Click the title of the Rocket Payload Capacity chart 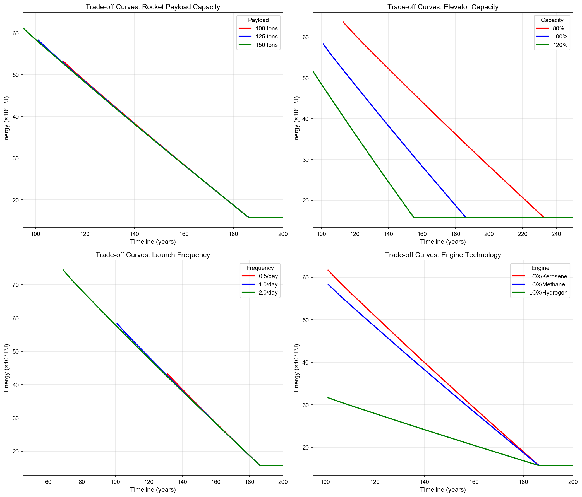click(x=153, y=7)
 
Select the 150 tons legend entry click(x=266, y=45)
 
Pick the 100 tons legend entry click(x=266, y=28)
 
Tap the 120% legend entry click(x=560, y=45)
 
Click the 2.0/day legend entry click(x=268, y=293)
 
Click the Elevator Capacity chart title click(x=443, y=7)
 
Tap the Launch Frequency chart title click(x=153, y=255)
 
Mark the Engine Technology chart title click(x=443, y=255)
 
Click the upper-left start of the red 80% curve click(x=343, y=22)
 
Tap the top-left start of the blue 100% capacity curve click(x=323, y=44)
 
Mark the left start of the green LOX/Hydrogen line click(x=328, y=397)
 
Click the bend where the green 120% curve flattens click(x=414, y=217)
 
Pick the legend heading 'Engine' click(x=540, y=268)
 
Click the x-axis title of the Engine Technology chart click(x=443, y=490)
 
